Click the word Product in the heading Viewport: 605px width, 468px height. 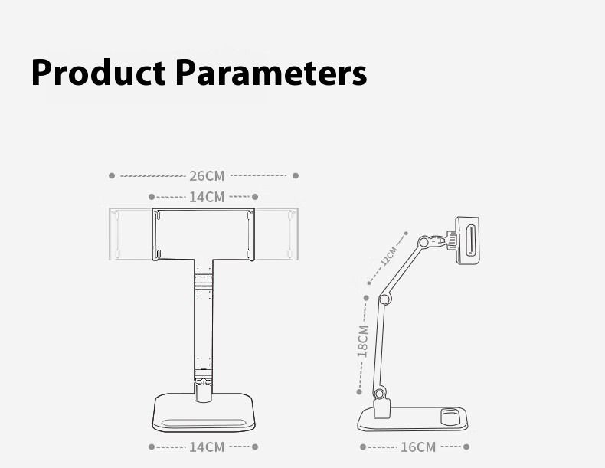[x=98, y=73]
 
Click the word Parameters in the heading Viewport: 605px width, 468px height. [x=271, y=73]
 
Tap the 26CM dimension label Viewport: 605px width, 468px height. [x=207, y=176]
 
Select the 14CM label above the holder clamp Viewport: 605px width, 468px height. [x=207, y=197]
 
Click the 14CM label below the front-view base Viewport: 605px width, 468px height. [x=207, y=447]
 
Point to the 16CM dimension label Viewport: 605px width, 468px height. [x=418, y=447]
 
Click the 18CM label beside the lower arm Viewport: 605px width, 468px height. [x=363, y=342]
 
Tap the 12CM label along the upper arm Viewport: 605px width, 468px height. [x=388, y=257]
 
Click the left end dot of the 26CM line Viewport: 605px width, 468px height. [x=112, y=176]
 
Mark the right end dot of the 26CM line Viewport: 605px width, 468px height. [x=296, y=176]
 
